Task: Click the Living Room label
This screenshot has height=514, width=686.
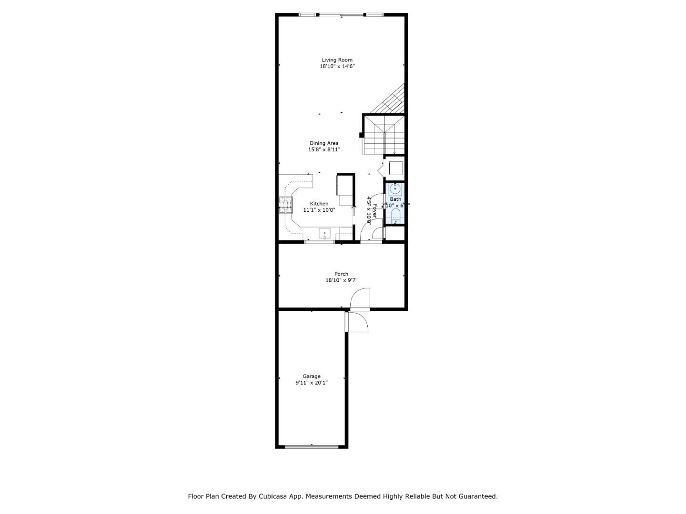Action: coord(337,60)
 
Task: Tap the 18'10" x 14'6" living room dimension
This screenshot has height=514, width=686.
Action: coord(337,67)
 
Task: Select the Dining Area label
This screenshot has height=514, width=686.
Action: coord(324,143)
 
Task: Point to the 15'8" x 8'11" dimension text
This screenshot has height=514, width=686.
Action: coord(324,149)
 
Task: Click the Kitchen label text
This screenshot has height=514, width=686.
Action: coord(319,204)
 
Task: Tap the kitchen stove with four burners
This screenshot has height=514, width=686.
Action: coord(285,204)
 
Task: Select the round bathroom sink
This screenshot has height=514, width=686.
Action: coord(395,189)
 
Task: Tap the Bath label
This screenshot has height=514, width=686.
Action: coord(395,199)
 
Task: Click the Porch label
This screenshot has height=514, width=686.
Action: coord(341,274)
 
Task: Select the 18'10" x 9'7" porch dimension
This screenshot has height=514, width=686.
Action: coord(341,280)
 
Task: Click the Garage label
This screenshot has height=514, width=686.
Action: coord(312,376)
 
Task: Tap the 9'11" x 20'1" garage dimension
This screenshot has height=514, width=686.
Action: coord(312,383)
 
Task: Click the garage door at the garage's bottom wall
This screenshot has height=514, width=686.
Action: coord(312,446)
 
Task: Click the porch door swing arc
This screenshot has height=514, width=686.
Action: coord(360,298)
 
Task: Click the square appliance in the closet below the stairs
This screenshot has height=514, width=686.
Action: coord(396,168)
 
